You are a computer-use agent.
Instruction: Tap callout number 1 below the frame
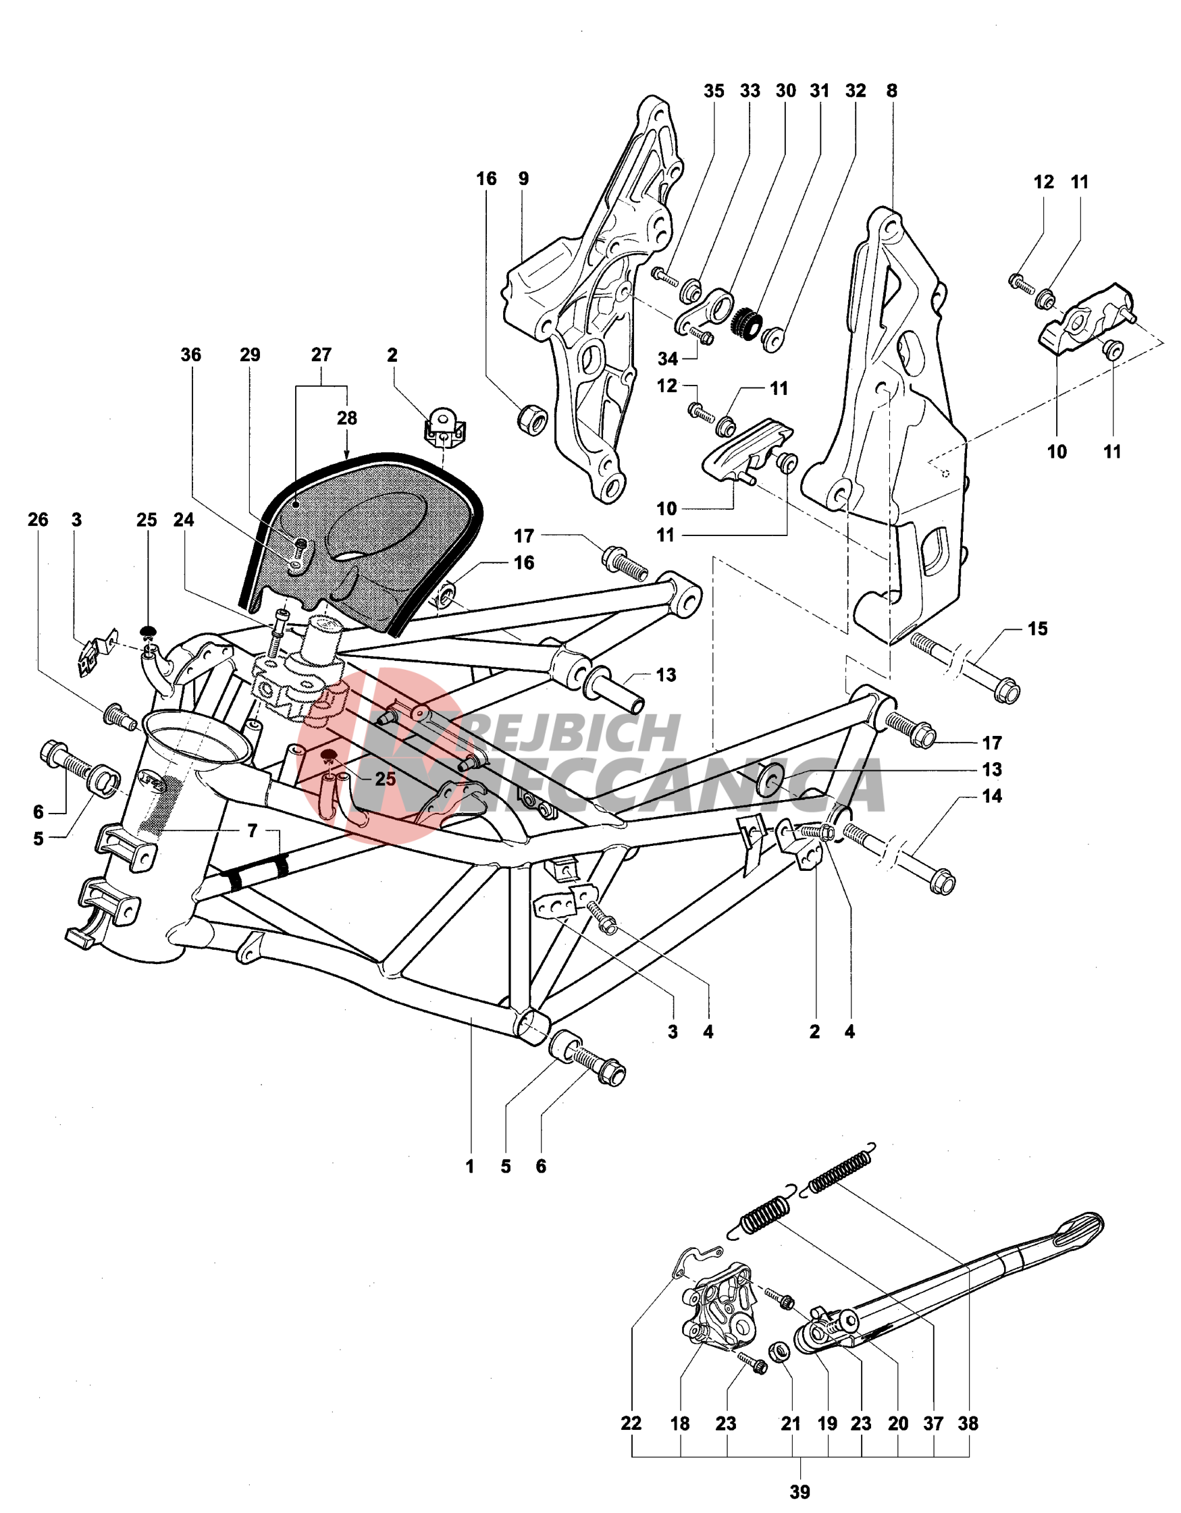coord(469,1167)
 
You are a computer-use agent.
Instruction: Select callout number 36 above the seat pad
coord(190,354)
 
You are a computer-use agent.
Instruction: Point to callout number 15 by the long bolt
coord(1037,629)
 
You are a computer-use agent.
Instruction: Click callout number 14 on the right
coord(992,796)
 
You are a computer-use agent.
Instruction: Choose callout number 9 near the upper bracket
coord(524,179)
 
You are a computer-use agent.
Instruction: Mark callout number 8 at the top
coord(891,90)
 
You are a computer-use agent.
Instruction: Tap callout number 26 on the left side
coord(38,520)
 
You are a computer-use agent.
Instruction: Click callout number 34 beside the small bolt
coord(668,359)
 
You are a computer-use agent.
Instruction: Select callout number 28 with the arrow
coord(347,419)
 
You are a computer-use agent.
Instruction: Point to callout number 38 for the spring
coord(968,1424)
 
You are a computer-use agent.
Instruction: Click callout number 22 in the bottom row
coord(631,1424)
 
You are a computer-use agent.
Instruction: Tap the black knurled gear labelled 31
coord(747,320)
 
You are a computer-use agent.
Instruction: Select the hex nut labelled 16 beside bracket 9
coord(533,420)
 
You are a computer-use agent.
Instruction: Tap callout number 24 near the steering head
coord(184,520)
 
